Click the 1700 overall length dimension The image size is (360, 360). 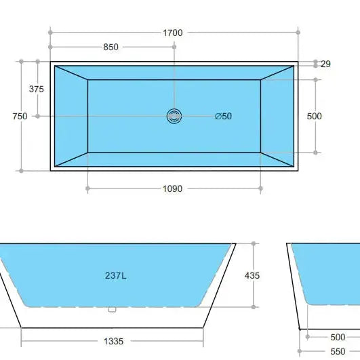(173, 33)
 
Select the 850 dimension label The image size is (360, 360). (111, 47)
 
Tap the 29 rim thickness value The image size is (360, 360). (325, 64)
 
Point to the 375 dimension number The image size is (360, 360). (37, 89)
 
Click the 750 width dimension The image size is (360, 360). (20, 116)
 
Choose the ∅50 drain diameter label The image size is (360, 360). (223, 116)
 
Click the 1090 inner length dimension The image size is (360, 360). (173, 188)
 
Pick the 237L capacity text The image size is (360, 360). (116, 276)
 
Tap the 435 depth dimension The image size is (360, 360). (252, 276)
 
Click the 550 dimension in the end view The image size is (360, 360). (338, 352)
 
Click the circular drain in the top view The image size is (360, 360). (174, 116)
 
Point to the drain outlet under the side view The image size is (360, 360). (113, 310)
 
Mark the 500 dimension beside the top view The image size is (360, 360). (315, 116)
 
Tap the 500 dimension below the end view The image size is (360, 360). (338, 337)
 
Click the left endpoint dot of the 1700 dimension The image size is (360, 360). (50, 32)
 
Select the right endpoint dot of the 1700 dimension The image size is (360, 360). (298, 32)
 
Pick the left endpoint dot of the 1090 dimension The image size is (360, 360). (87, 188)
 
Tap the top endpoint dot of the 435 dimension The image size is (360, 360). (254, 243)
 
